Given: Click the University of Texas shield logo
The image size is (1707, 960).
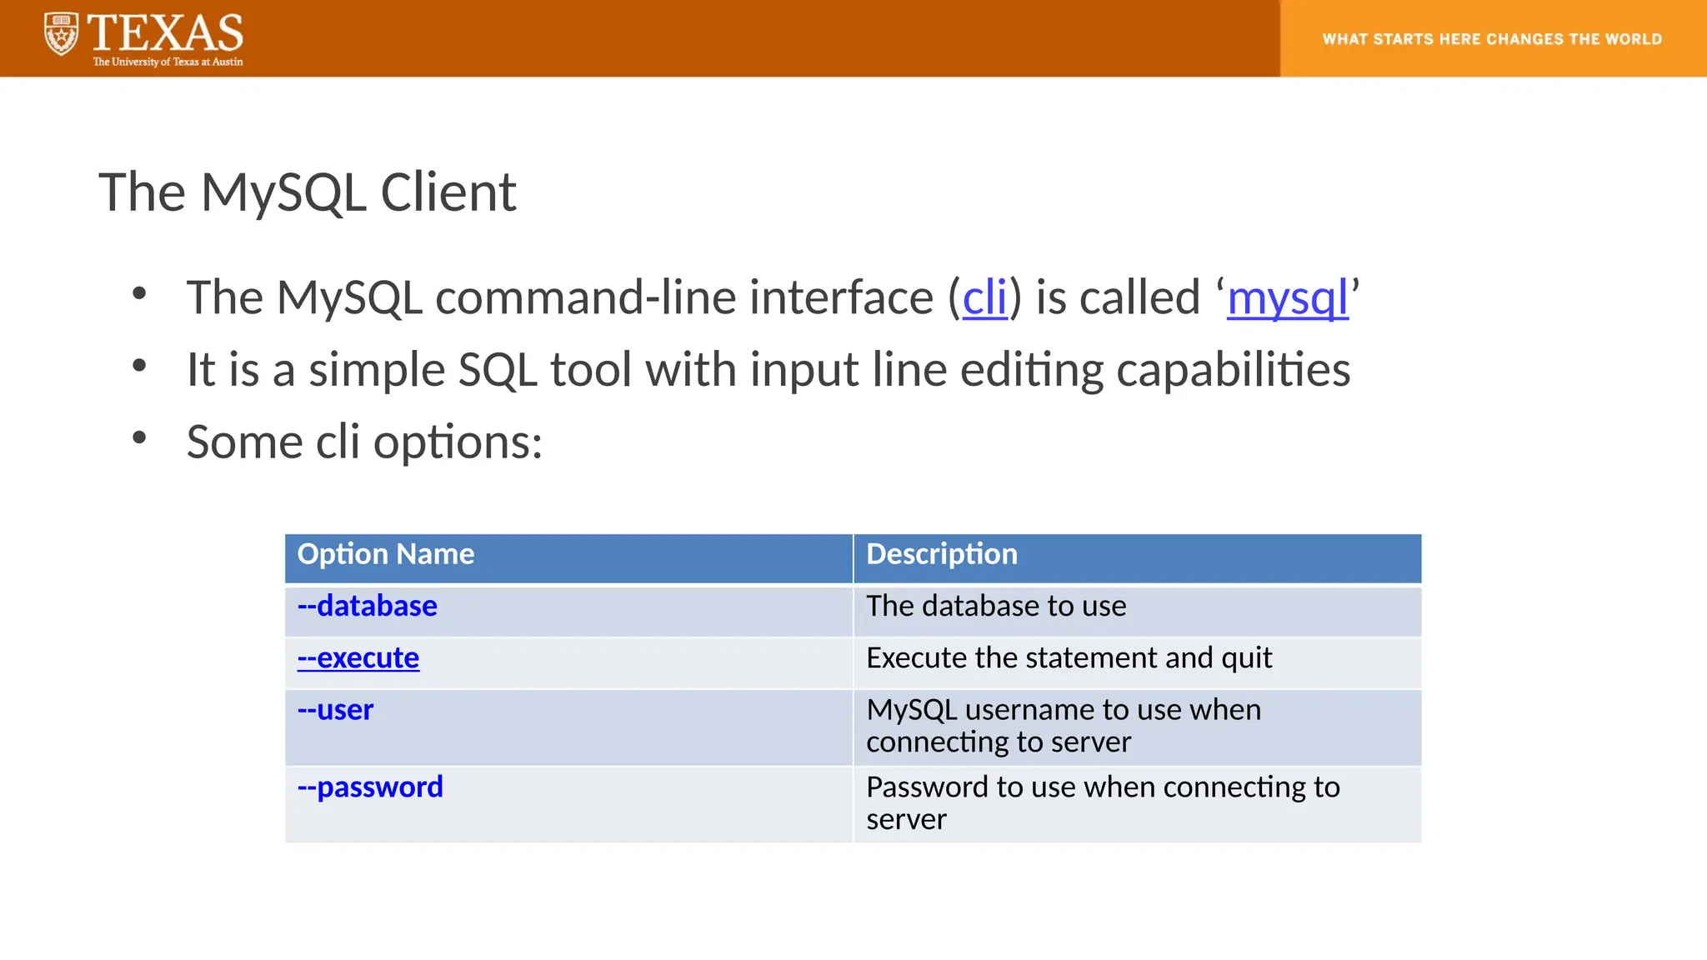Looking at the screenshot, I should point(61,34).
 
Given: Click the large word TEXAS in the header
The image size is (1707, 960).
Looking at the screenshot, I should point(165,33).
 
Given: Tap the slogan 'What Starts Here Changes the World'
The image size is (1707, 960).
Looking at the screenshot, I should point(1492,39).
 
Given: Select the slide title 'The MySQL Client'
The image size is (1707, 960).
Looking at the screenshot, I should point(308,192).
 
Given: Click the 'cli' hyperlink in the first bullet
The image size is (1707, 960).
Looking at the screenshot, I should point(984,297).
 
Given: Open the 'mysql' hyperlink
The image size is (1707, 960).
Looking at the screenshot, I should point(1287,297).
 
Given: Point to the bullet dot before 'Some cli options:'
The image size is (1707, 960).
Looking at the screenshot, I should point(139,437).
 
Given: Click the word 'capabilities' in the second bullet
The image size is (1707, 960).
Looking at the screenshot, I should point(1233,370).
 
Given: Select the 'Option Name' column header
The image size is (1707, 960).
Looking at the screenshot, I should point(386,554).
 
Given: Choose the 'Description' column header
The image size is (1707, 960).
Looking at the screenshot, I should point(942,554).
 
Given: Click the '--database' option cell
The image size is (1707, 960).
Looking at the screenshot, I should point(368,606).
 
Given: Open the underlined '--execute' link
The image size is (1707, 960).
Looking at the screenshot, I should point(358,658).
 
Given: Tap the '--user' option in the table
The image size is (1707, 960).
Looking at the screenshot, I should point(336,710).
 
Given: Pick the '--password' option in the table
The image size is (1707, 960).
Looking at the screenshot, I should point(370,787).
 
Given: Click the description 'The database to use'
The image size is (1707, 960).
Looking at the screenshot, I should point(996,606).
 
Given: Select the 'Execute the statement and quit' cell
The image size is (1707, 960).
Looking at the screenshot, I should point(1069,658).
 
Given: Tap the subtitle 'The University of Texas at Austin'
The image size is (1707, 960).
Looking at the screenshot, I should point(168,62).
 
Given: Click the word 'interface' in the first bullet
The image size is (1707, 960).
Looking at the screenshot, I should point(841,297).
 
